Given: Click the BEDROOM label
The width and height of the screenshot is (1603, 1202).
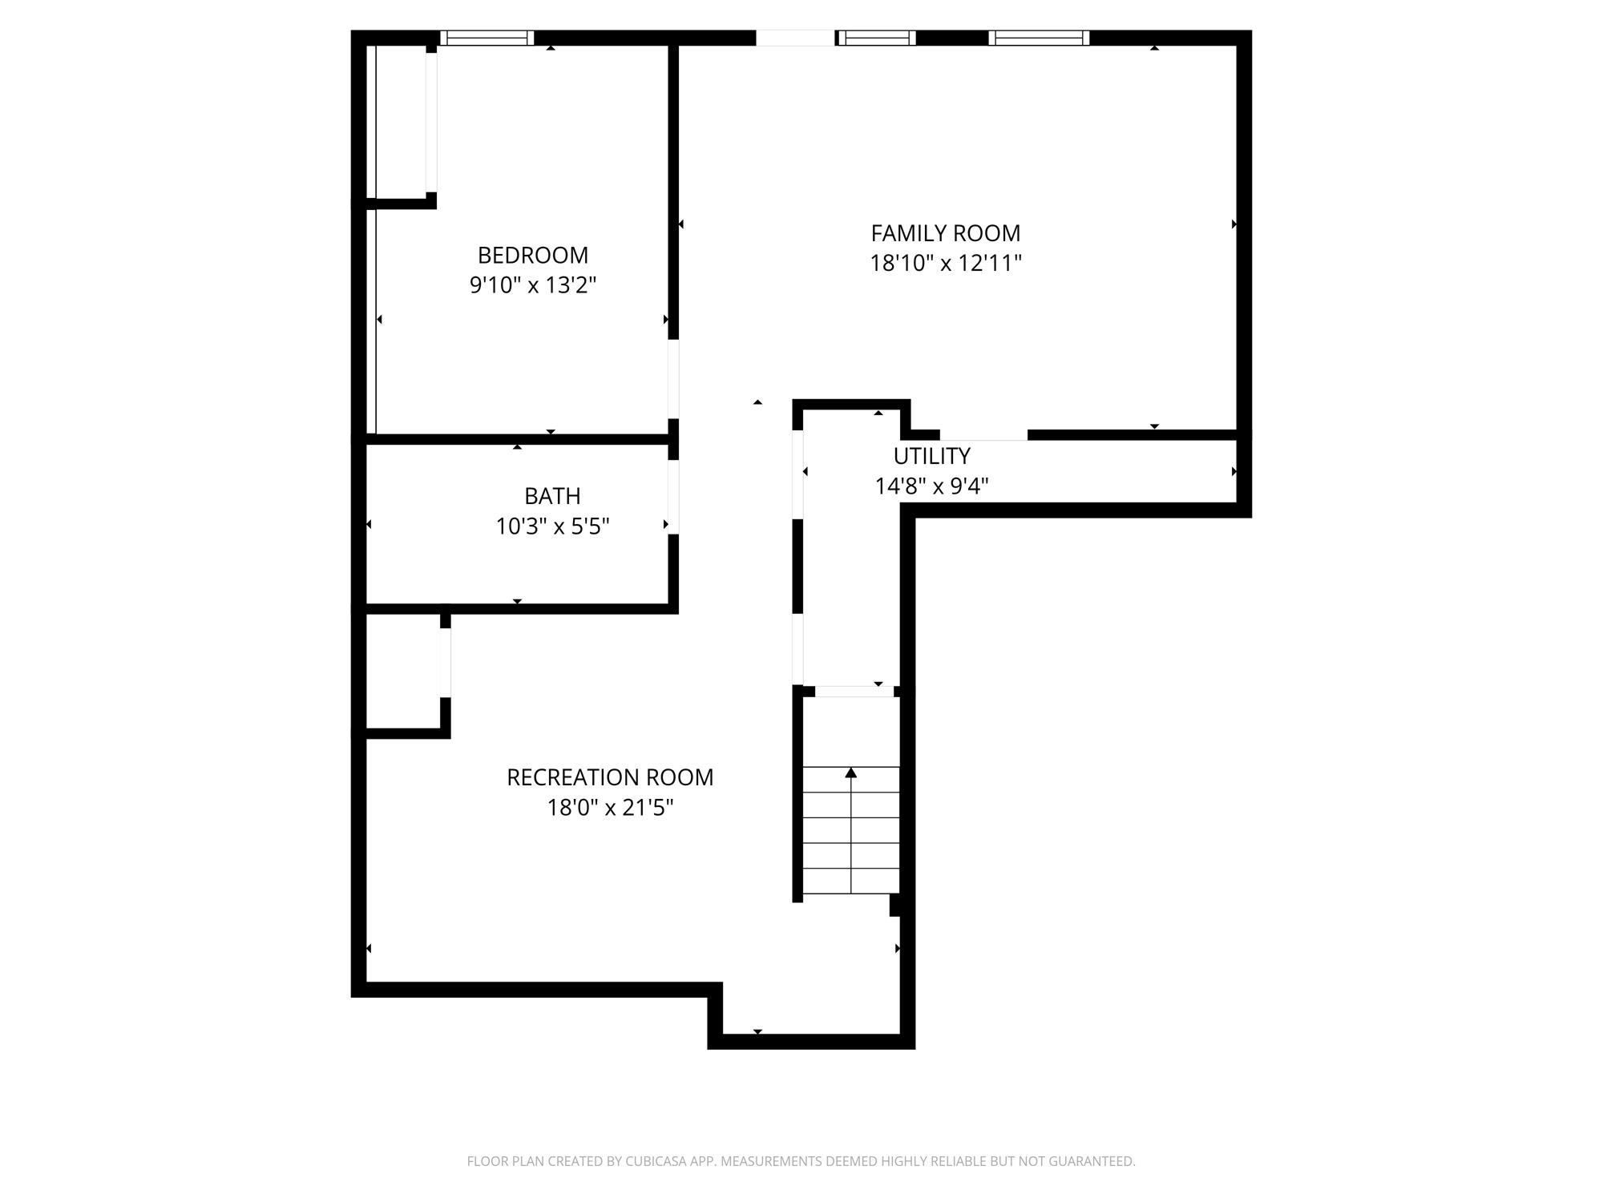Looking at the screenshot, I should tap(532, 255).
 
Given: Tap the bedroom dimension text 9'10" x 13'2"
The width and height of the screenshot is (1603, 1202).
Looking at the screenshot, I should tap(532, 285).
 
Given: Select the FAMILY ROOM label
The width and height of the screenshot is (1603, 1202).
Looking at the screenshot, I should tap(945, 233).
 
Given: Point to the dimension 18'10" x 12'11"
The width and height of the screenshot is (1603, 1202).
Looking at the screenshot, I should tap(945, 264).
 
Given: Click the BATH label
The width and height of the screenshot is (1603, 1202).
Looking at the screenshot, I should tap(552, 496).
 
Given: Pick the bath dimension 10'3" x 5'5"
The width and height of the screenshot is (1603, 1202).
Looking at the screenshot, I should tap(552, 526).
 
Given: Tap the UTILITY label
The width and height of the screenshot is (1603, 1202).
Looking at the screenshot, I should tap(931, 456).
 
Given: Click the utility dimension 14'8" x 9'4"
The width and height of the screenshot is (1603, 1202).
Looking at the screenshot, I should tap(931, 486).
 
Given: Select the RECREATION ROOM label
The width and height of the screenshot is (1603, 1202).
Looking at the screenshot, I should tap(609, 777).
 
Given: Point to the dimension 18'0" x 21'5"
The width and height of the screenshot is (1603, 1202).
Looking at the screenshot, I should tap(609, 808).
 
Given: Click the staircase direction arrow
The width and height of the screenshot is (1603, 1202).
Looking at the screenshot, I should tap(850, 774).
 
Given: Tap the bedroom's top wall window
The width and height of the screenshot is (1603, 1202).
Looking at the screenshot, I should tap(487, 38).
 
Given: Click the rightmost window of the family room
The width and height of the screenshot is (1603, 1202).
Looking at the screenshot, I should tap(1038, 38).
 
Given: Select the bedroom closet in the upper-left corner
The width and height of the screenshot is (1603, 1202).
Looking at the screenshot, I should tap(401, 120).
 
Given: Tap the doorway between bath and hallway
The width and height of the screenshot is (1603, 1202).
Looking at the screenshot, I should tap(673, 497).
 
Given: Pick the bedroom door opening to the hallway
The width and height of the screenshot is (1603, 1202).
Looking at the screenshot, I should tap(673, 378).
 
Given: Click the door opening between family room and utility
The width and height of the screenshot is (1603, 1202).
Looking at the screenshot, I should tap(983, 435).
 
